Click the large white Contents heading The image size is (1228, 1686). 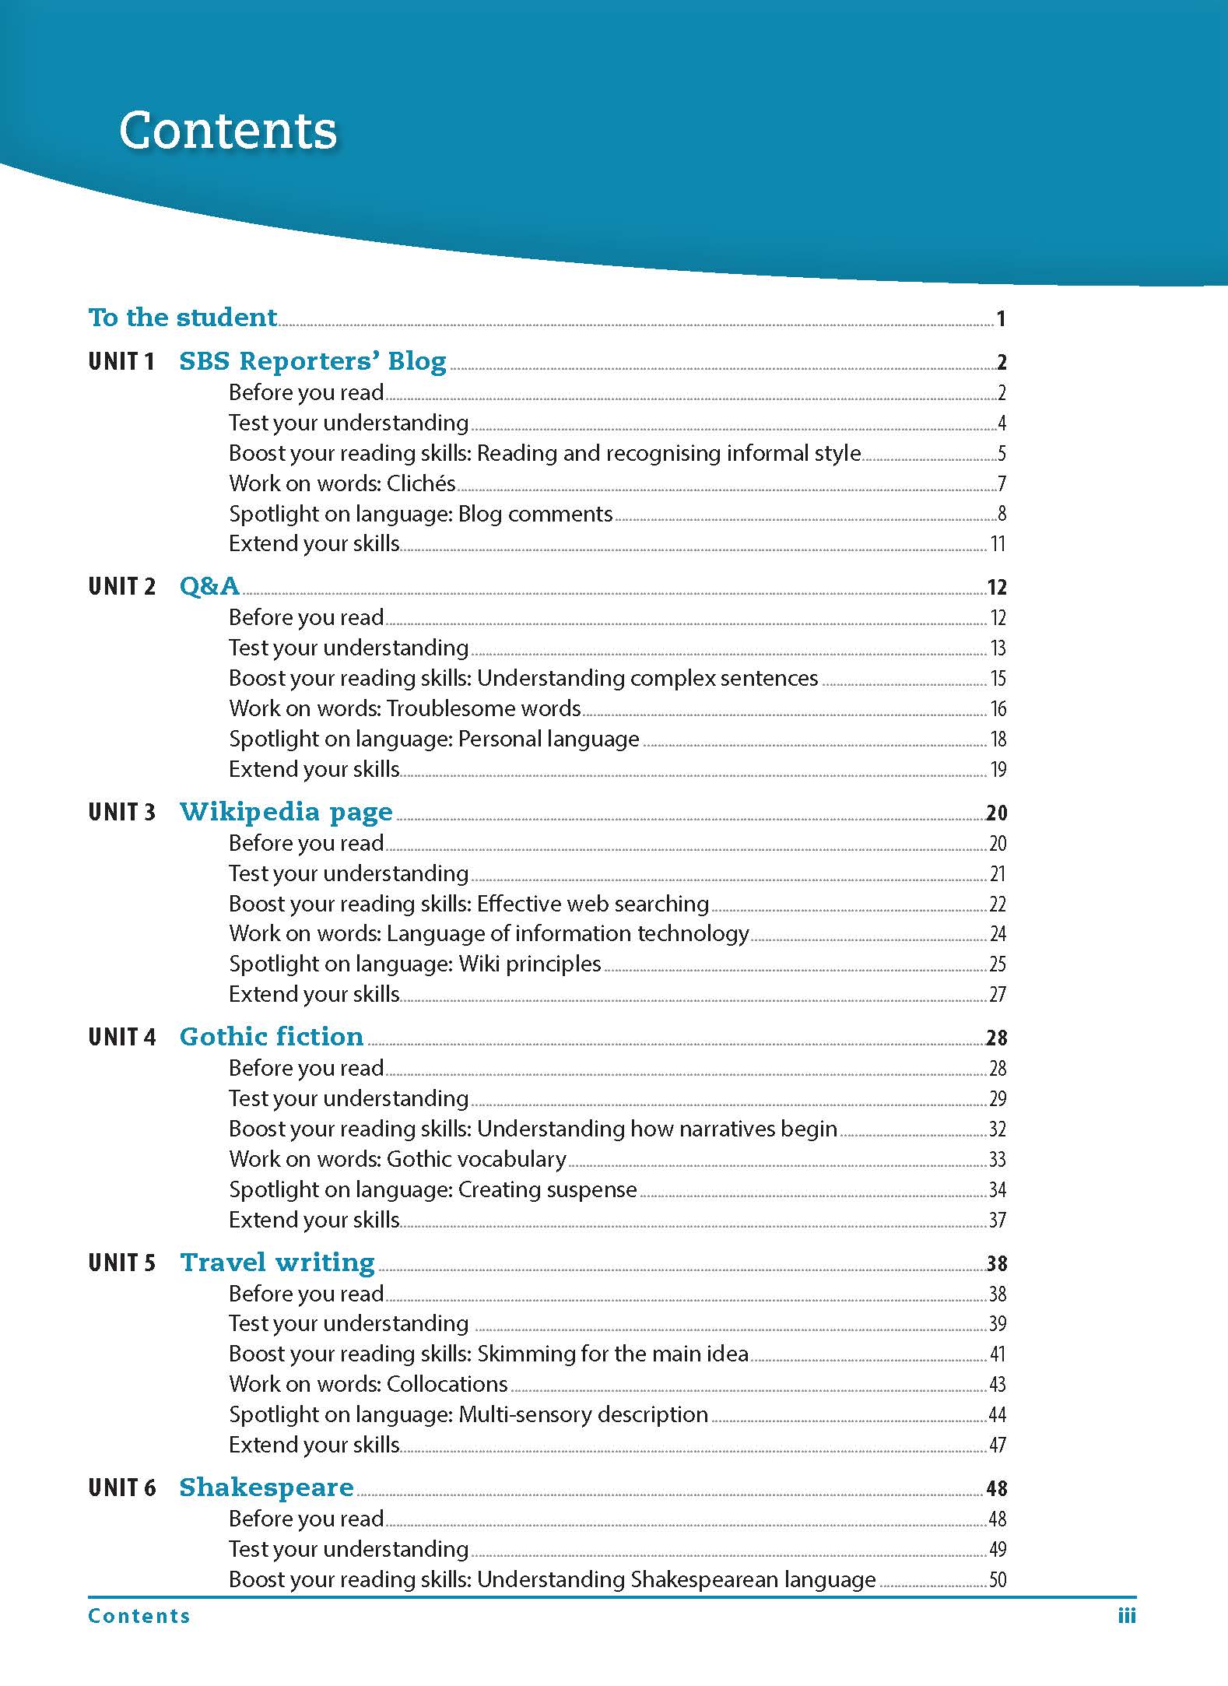point(228,130)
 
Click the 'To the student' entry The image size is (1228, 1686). point(183,318)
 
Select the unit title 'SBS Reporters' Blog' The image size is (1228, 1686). point(313,361)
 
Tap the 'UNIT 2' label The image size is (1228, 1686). point(122,586)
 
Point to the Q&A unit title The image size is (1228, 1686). point(209,585)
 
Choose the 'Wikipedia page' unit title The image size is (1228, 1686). point(286,811)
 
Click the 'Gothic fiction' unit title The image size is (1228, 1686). point(272,1036)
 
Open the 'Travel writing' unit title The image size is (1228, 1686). point(277,1262)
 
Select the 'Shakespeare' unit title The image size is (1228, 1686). point(266,1487)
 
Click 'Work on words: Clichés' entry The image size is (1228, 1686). point(342,483)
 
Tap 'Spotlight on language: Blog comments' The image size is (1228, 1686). point(421,514)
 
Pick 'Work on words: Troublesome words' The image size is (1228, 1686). point(405,708)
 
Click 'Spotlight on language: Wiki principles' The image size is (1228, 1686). point(415,964)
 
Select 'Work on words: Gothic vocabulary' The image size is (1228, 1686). point(398,1159)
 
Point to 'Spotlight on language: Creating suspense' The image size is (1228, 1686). point(433,1189)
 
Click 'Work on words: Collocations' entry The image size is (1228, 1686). point(368,1384)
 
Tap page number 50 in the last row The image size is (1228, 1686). point(997,1579)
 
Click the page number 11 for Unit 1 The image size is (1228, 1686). point(998,544)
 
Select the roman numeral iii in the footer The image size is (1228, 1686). point(1126,1616)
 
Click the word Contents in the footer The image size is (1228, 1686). point(139,1616)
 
